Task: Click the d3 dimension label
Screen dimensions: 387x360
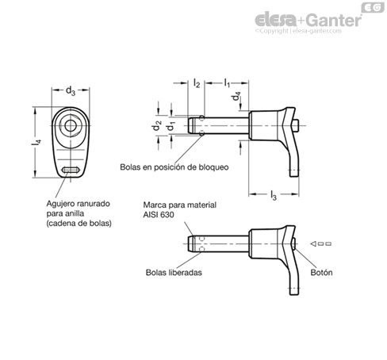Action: pos(71,91)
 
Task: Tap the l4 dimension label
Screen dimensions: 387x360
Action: pos(36,142)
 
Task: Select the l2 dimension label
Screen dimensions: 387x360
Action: pos(197,83)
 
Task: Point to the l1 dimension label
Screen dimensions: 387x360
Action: pos(227,82)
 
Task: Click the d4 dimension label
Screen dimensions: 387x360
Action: pos(236,96)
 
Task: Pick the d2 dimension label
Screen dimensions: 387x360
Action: pos(156,125)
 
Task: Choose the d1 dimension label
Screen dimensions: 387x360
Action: pos(171,126)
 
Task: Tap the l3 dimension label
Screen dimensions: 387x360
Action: pos(274,195)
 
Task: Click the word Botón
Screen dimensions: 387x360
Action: pos(321,273)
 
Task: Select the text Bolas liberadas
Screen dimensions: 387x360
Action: pos(174,273)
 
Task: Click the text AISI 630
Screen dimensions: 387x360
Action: pos(159,215)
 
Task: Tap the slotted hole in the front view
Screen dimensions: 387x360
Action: pos(71,170)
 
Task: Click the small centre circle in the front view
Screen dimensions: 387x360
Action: pos(71,125)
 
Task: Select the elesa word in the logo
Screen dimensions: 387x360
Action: pos(276,20)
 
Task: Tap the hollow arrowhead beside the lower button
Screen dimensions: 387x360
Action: pos(313,243)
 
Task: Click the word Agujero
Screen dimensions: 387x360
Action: pos(60,204)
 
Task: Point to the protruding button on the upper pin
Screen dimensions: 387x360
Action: pos(296,125)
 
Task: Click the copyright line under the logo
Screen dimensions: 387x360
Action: pos(298,31)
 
